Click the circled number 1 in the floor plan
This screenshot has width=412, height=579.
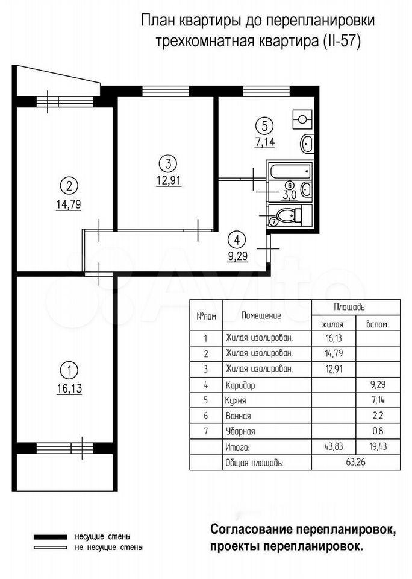pos(71,370)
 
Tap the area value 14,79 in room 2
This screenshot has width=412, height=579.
pos(69,204)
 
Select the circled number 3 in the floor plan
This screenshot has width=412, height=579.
pos(168,163)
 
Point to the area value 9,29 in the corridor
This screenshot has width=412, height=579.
pos(237,256)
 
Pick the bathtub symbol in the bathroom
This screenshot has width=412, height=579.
pos(290,171)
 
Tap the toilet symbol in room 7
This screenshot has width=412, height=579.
pos(289,215)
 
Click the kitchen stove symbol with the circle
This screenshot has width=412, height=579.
pos(302,119)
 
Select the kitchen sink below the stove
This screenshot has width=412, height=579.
pos(308,144)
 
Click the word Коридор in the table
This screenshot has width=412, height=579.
pos(240,385)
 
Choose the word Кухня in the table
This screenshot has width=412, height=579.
pos(236,400)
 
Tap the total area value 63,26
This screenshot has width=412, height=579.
pos(356,461)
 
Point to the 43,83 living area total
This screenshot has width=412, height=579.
pos(334,446)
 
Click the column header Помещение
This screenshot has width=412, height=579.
pos(261,315)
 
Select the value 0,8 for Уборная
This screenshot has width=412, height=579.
pos(378,431)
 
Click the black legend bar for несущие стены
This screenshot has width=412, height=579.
pos(51,537)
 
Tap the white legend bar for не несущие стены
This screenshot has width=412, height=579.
pos(51,548)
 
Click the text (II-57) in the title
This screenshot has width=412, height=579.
pos(342,41)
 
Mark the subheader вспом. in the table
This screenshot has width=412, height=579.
pos(377,324)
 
